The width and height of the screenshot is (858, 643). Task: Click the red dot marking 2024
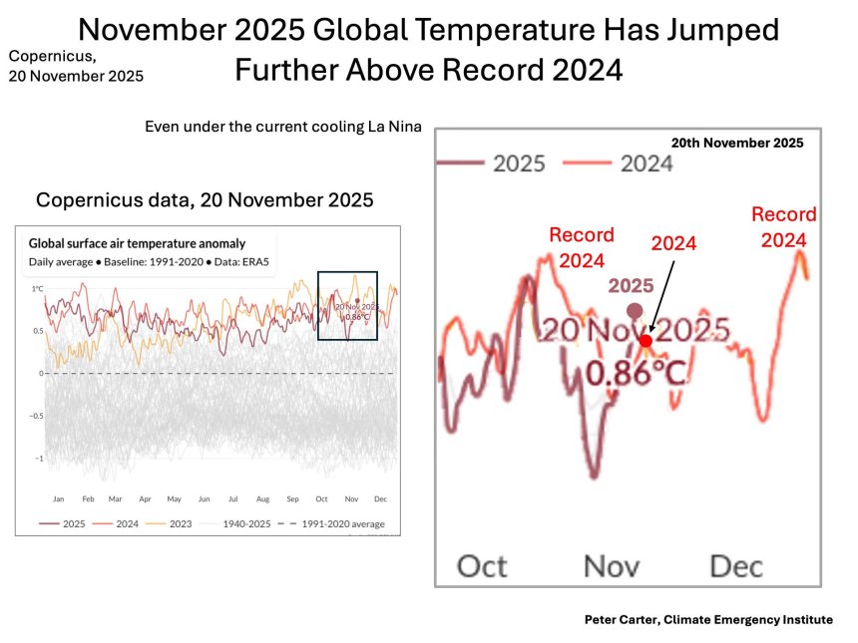point(645,341)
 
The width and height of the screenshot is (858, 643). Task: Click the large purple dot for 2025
point(620,311)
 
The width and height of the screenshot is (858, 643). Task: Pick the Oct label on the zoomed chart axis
point(483,566)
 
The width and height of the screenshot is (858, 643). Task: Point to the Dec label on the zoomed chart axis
point(736,566)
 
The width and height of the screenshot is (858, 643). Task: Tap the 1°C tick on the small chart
point(37,289)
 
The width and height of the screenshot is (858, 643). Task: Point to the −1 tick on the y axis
point(37,460)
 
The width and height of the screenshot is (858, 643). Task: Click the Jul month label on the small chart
point(232,497)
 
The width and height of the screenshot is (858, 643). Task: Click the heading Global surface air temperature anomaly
point(137,243)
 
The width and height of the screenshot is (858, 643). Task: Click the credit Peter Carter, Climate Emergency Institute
point(708,619)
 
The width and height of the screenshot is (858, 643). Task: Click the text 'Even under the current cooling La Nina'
point(283,127)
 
